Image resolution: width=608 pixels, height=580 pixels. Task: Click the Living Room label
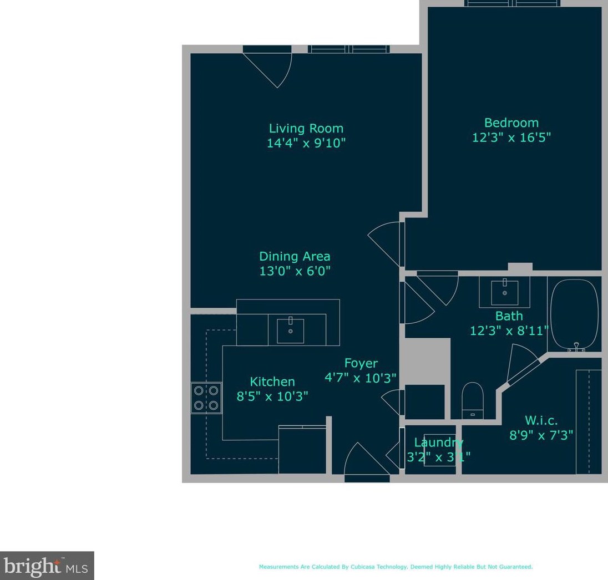tap(306, 129)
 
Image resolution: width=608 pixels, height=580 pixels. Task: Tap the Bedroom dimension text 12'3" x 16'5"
tap(511, 137)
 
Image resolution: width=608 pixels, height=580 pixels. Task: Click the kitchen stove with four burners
tap(206, 398)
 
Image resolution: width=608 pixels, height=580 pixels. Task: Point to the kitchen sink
tap(290, 330)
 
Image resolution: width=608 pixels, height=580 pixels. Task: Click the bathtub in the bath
tap(574, 315)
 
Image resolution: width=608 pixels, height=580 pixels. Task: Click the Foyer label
tap(361, 363)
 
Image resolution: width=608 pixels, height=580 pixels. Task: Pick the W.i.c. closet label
tap(541, 420)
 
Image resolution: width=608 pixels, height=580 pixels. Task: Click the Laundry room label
tap(438, 442)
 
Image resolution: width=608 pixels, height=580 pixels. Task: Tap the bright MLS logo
tap(47, 566)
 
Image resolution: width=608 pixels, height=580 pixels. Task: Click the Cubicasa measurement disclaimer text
tap(396, 567)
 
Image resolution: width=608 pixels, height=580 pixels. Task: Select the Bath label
tap(509, 316)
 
